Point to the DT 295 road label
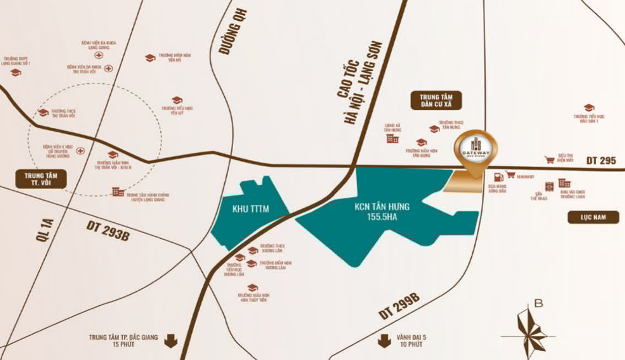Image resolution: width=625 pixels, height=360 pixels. click(600, 160)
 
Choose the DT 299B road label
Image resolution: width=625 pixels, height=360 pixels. click(400, 307)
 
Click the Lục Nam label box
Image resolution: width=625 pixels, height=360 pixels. click(593, 217)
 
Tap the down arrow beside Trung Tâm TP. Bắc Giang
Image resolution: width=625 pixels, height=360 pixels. click(171, 341)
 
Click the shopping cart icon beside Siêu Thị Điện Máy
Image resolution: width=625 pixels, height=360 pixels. click(549, 160)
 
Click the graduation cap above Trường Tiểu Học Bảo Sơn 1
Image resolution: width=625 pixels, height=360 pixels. click(589, 108)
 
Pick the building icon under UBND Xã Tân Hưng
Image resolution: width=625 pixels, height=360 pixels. click(392, 138)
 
